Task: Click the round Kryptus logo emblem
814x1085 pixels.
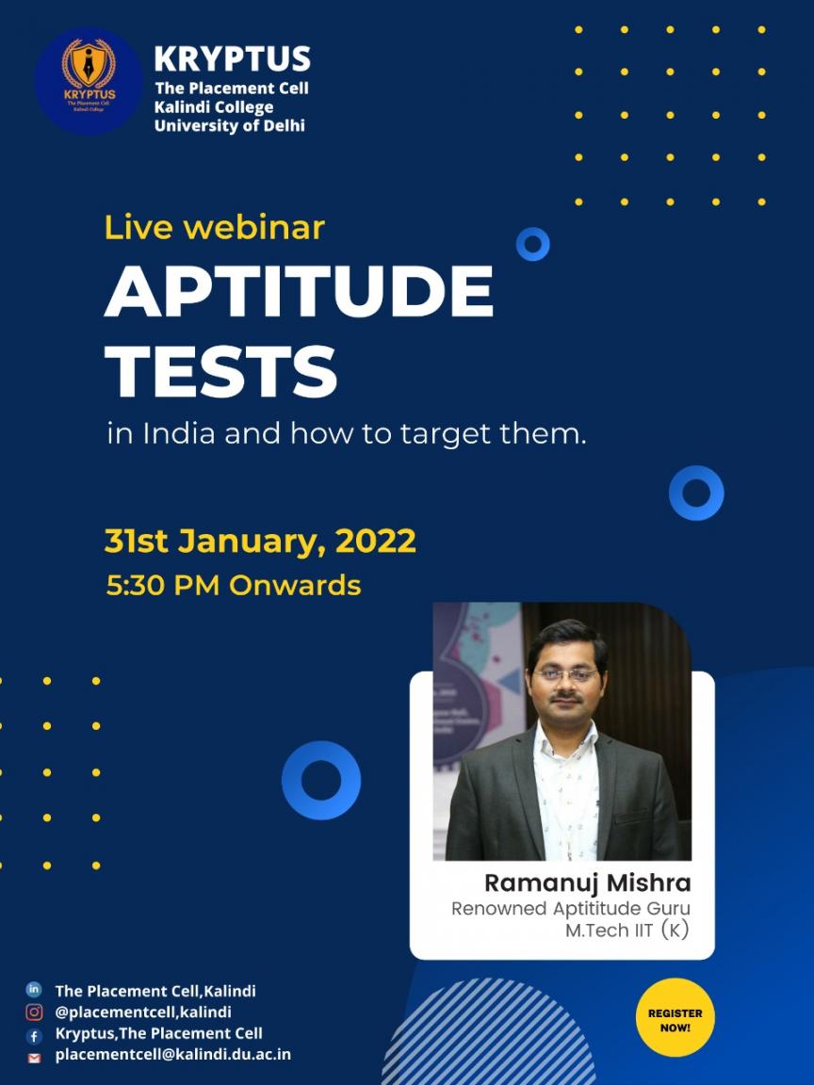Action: pos(89,80)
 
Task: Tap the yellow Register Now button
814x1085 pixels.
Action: pos(675,1018)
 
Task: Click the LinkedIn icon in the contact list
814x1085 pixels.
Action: pos(33,990)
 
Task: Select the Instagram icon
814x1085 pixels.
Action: pos(34,1012)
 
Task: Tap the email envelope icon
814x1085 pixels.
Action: pos(34,1058)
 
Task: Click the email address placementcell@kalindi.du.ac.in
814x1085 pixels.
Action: pos(173,1055)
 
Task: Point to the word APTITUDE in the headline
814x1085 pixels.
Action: pos(299,291)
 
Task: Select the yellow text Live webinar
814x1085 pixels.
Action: pos(215,228)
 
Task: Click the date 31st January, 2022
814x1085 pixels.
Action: pos(260,542)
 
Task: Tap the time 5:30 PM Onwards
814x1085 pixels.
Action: pos(234,586)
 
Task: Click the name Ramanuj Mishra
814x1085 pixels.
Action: pos(588,883)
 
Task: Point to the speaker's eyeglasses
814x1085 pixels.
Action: pos(565,674)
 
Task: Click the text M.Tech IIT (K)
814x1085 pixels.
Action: pos(627,930)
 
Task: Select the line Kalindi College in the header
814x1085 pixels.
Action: pos(213,107)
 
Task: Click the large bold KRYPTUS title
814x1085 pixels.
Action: pos(233,58)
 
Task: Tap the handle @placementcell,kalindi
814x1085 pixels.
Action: pos(143,1012)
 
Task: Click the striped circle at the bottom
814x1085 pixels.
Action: pos(488,1032)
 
